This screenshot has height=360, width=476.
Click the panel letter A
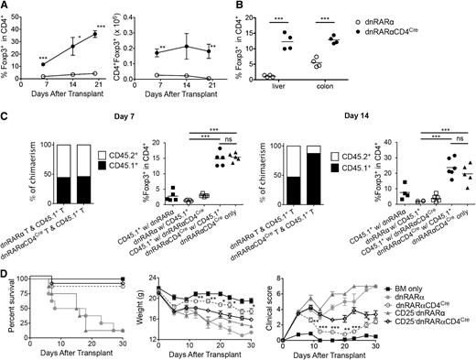5,7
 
